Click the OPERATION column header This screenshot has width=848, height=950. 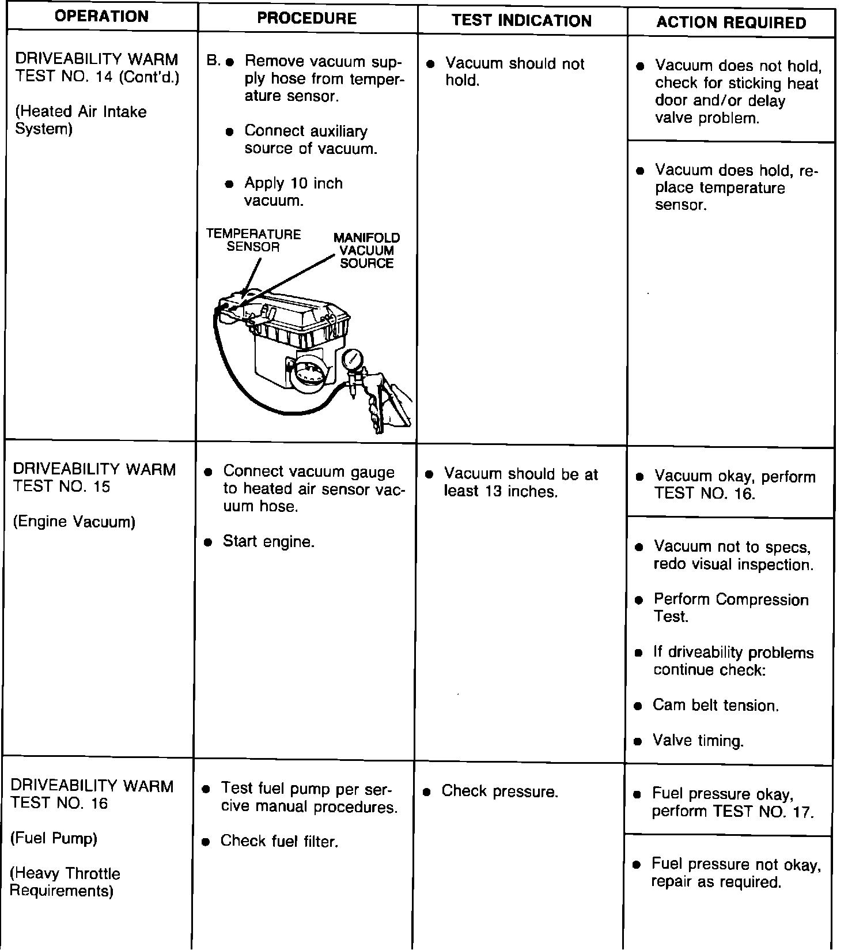[101, 16]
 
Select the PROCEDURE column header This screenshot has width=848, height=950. [306, 18]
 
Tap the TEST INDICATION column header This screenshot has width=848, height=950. [521, 21]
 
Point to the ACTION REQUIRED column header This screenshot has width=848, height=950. [731, 22]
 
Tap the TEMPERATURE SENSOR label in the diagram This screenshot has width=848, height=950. [253, 240]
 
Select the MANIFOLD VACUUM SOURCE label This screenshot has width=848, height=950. [366, 251]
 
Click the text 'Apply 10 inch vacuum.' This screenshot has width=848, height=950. [293, 192]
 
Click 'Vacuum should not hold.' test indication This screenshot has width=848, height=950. [514, 72]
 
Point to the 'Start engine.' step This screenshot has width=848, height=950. [268, 542]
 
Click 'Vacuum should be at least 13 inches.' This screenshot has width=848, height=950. [520, 482]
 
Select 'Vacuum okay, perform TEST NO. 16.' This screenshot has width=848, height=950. [735, 485]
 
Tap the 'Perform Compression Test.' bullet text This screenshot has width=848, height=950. [730, 608]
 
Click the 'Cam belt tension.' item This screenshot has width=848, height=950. [715, 706]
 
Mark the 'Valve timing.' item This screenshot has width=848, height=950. [698, 741]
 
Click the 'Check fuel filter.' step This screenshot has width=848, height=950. [279, 842]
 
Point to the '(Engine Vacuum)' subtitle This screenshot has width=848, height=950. [74, 522]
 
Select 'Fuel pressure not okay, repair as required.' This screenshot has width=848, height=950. [736, 873]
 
